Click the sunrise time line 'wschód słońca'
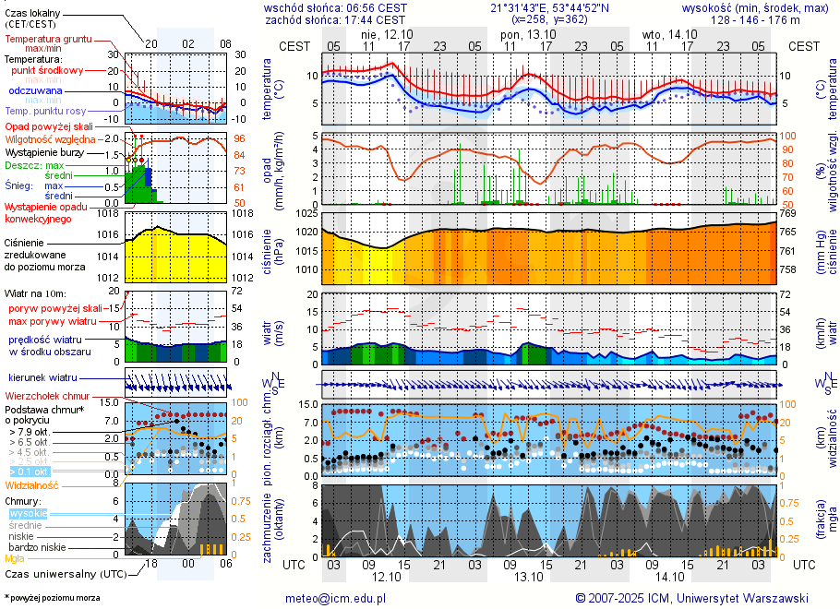click(335, 7)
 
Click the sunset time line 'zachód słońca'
click(335, 19)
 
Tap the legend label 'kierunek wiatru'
click(42, 378)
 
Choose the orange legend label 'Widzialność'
click(31, 484)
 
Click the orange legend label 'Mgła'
click(15, 558)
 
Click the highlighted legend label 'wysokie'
click(28, 513)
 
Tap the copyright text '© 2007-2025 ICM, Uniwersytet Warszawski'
click(691, 598)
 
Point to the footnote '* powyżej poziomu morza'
click(52, 598)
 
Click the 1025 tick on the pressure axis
click(306, 213)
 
